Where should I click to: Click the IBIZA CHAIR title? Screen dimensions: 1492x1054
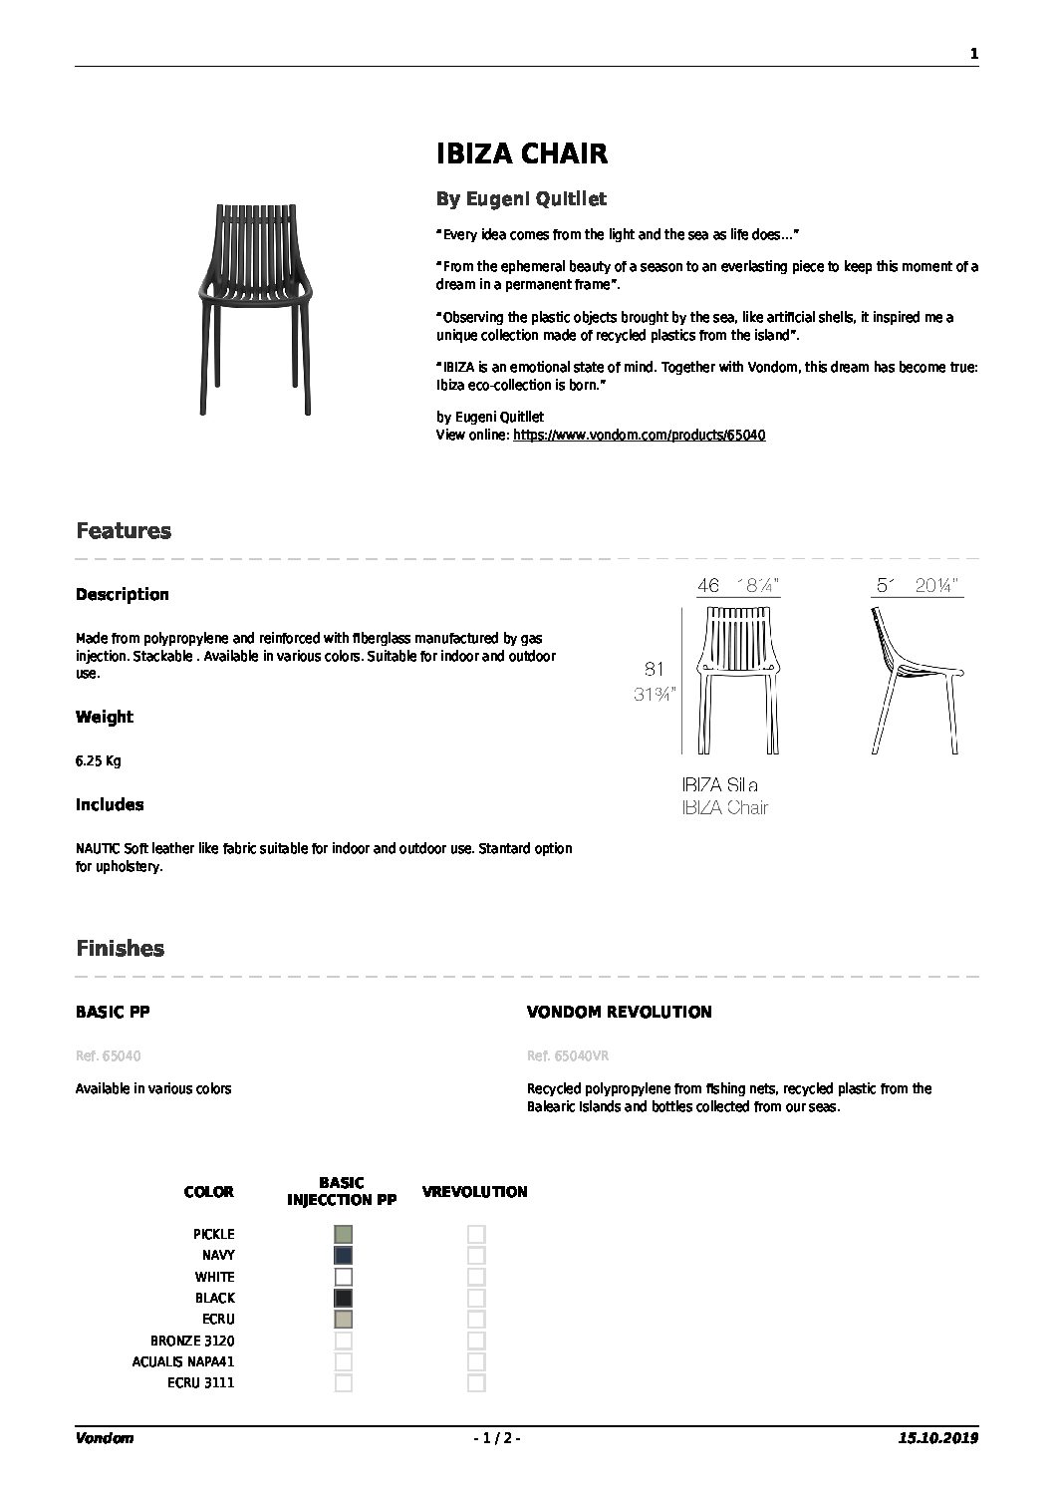(522, 153)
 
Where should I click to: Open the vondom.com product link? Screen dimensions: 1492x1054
(639, 436)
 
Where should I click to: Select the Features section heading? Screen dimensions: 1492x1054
(124, 531)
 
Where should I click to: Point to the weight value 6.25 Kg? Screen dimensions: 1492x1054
(98, 760)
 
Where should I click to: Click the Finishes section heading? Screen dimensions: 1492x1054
(120, 949)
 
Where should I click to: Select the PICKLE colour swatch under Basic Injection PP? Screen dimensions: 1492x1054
(344, 1234)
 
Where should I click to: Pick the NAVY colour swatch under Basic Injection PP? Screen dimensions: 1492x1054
(344, 1256)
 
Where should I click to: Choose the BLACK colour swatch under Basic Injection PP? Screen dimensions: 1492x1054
(344, 1298)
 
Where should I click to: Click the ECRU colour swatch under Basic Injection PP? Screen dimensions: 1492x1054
(344, 1320)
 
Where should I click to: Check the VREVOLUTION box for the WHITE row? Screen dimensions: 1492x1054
(476, 1277)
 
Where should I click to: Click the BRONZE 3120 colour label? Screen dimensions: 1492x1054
(192, 1341)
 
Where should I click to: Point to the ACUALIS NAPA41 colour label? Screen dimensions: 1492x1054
(183, 1361)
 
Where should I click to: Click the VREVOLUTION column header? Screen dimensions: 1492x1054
(475, 1192)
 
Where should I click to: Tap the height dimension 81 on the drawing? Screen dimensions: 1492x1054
(655, 670)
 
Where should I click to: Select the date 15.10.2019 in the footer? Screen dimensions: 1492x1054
(937, 1438)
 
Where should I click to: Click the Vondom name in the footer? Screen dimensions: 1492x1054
(105, 1438)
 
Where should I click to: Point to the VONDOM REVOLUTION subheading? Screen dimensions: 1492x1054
(619, 1013)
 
